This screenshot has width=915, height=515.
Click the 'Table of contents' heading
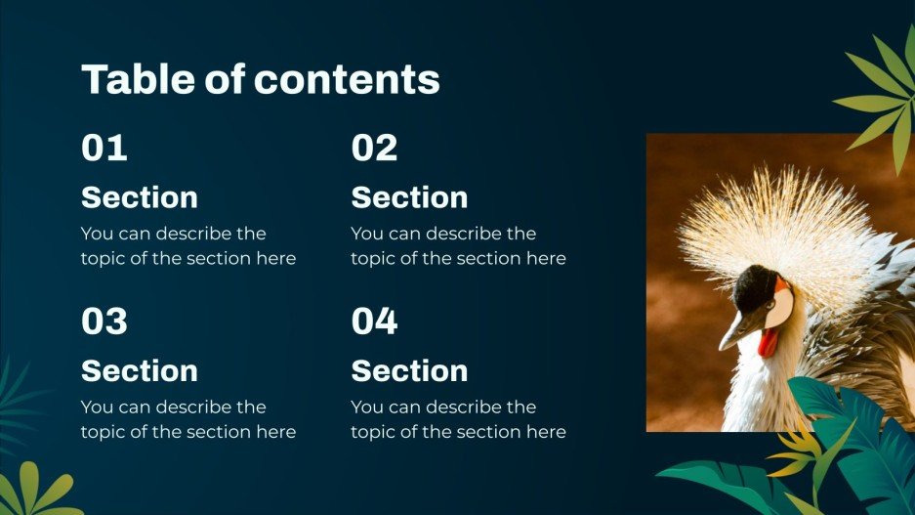click(260, 79)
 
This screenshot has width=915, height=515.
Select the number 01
click(104, 149)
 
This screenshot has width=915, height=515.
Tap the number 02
click(374, 149)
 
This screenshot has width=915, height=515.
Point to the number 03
click(104, 322)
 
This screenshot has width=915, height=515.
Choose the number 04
click(374, 322)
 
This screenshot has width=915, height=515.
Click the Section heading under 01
click(140, 197)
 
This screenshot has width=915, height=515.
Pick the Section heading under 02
click(409, 197)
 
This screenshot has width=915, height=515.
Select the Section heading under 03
click(140, 370)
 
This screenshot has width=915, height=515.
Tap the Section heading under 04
click(409, 370)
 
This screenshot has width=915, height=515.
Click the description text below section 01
click(187, 246)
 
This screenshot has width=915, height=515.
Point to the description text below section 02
click(458, 246)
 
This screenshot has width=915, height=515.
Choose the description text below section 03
click(187, 419)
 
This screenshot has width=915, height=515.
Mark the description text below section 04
click(458, 419)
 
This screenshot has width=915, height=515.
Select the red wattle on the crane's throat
click(770, 341)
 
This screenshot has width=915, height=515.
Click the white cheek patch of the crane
click(781, 308)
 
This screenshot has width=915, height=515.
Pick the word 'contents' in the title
click(349, 79)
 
